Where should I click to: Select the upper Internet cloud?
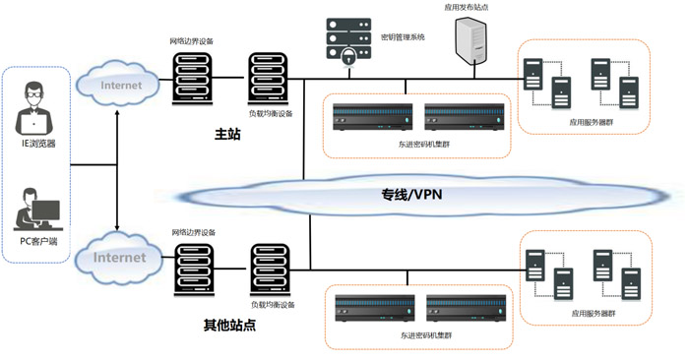pos(120,85)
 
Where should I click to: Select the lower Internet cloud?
pos(120,258)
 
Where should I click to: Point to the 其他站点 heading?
pos(229,325)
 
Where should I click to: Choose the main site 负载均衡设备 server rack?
pos(267,79)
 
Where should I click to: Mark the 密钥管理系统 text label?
pos(403,37)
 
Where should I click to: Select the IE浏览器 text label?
pos(38,144)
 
